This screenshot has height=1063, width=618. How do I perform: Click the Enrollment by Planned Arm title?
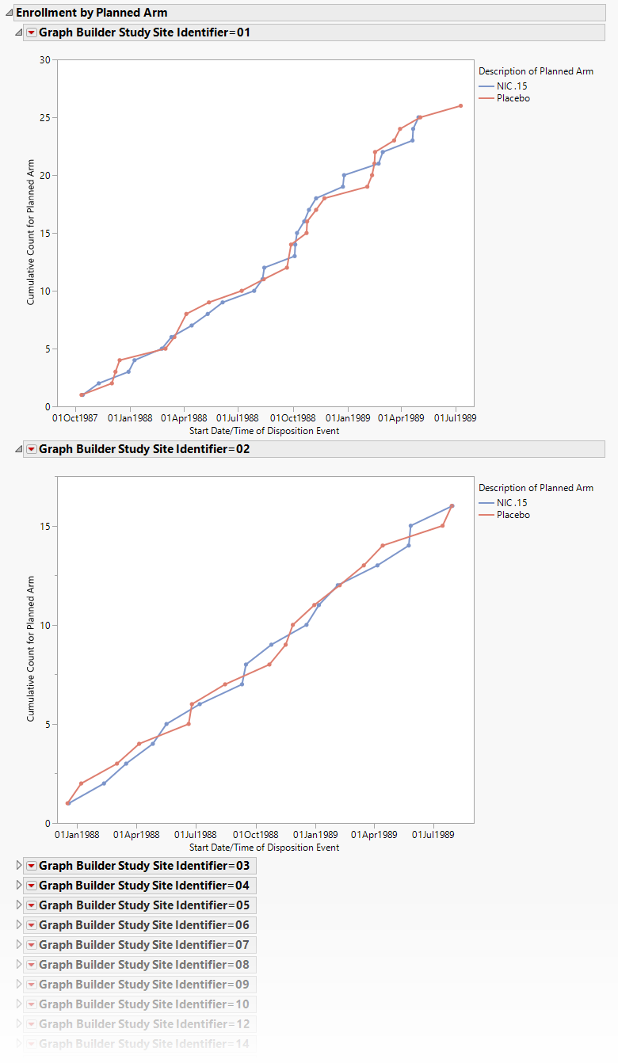click(92, 13)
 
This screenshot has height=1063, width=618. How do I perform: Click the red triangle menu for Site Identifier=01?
click(31, 32)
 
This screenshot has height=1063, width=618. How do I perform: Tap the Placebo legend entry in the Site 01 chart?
click(513, 98)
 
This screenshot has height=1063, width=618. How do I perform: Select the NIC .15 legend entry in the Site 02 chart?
click(511, 503)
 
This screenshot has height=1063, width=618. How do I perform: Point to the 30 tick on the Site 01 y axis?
click(45, 60)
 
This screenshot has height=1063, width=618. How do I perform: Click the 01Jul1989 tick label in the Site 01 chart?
click(455, 418)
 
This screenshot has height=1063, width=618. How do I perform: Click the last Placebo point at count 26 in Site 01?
click(460, 105)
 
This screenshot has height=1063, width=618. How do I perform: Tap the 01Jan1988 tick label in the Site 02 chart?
click(77, 835)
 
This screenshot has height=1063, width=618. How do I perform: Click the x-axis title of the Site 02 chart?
click(265, 848)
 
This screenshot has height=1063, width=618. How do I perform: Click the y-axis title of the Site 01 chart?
click(31, 233)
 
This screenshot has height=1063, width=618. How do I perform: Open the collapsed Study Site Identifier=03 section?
click(19, 866)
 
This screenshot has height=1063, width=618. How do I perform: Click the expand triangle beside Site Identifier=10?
click(19, 1004)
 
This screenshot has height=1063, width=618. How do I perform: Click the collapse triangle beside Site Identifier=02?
click(19, 449)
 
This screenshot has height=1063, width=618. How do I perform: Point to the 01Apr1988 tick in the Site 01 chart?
click(185, 418)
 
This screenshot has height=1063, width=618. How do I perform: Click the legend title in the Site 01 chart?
click(536, 71)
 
